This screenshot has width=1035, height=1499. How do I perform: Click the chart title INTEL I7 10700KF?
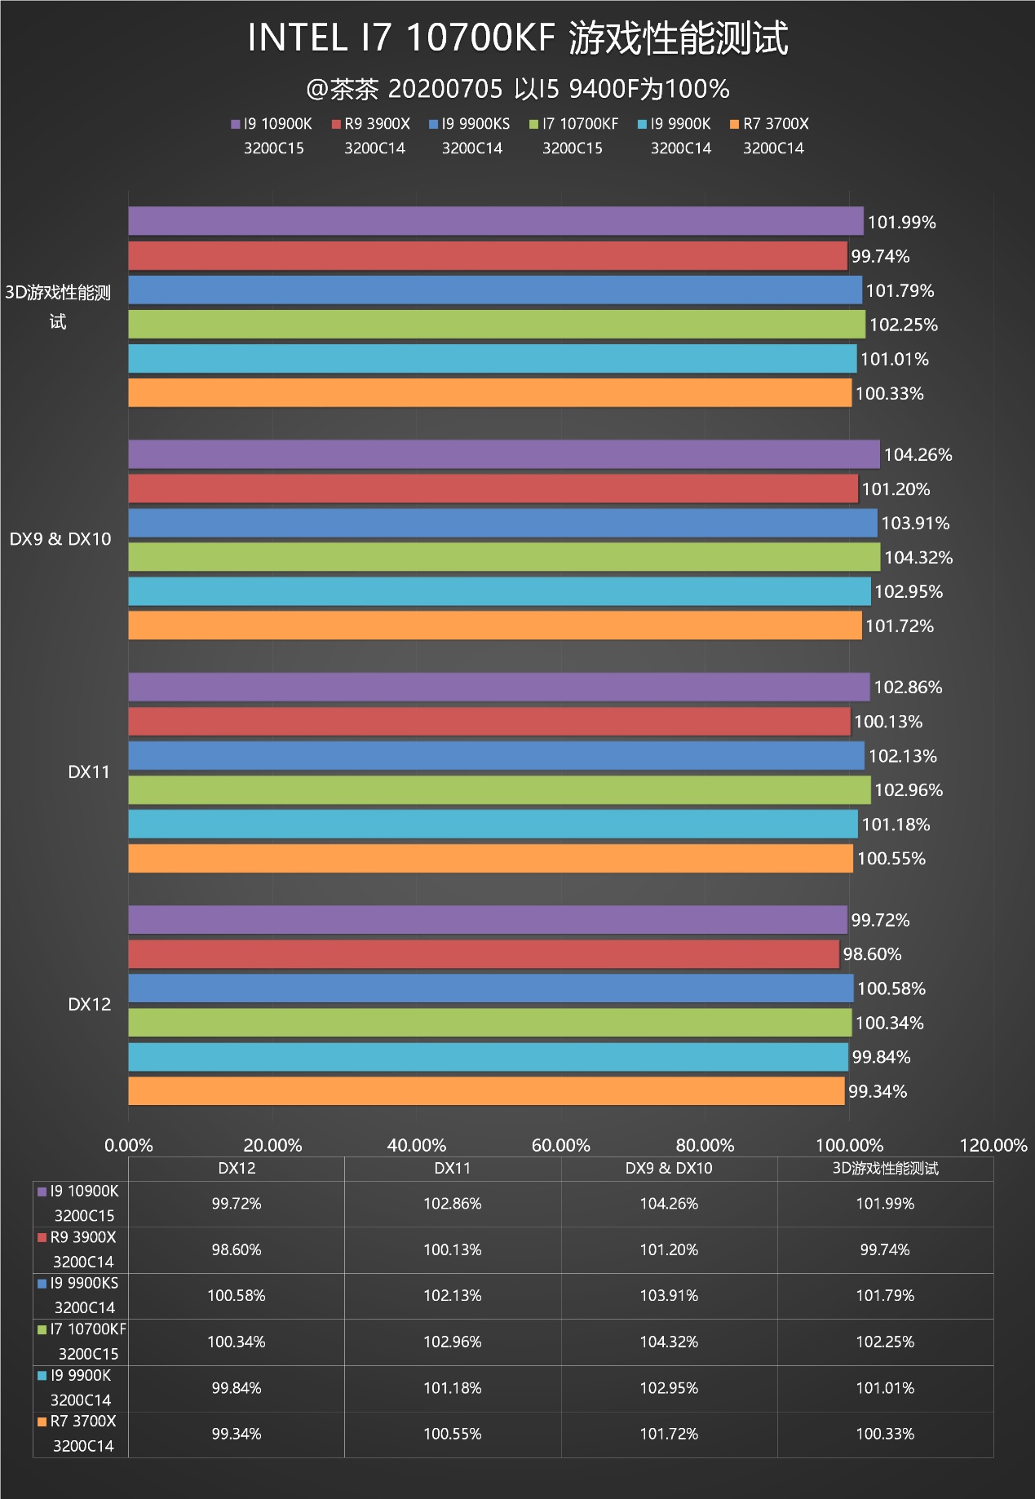tap(517, 38)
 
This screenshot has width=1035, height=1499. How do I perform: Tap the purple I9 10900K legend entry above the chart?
tap(272, 124)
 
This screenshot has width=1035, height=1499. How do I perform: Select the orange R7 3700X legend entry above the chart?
tap(769, 124)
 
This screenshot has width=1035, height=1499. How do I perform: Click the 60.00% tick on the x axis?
tap(560, 1145)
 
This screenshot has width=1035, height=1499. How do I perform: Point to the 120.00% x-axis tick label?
tap(993, 1145)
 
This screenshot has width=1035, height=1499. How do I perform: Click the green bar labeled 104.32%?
tap(504, 557)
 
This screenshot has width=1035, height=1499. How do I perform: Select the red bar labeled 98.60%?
tap(484, 954)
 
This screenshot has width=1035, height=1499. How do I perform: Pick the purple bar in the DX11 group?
tap(499, 687)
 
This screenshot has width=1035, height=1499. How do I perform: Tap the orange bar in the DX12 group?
tap(486, 1091)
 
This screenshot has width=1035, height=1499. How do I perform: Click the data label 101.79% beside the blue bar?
tap(900, 291)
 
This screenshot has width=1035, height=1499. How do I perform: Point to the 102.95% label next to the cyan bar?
tap(909, 591)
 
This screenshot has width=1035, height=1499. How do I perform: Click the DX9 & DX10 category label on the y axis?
tap(60, 539)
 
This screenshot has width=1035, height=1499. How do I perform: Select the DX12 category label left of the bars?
tap(89, 1005)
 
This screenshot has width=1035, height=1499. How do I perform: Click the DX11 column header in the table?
tap(453, 1168)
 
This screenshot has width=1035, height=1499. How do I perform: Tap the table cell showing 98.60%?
tap(237, 1249)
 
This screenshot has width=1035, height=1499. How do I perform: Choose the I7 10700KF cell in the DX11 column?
tap(453, 1342)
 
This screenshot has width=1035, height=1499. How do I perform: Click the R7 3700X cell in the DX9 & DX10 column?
tap(669, 1434)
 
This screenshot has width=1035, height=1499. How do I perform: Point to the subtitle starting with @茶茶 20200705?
tap(517, 89)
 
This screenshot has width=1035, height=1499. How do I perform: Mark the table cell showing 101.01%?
tap(885, 1387)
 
